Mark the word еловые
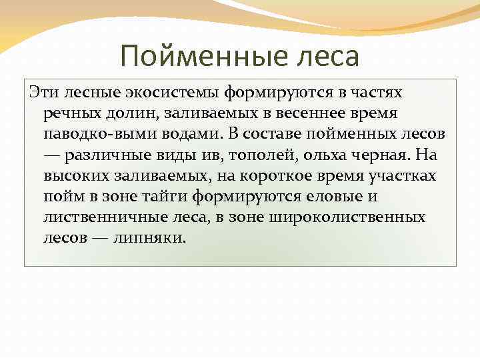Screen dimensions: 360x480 coord(330,197)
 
